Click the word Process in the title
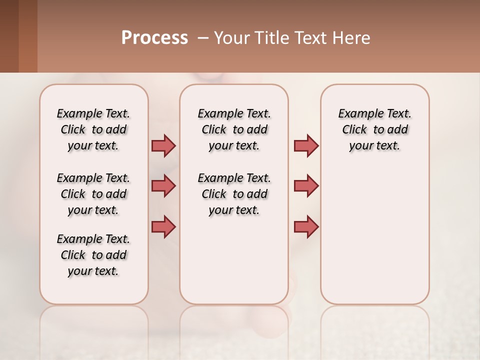(x=154, y=38)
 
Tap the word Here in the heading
(x=352, y=38)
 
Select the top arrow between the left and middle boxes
(x=163, y=145)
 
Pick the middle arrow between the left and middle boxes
(x=163, y=186)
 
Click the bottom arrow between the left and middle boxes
(x=163, y=226)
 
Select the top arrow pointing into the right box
(x=306, y=145)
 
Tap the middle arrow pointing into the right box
(x=306, y=186)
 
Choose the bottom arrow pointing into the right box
(x=306, y=226)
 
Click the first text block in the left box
(x=93, y=129)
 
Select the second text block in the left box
(x=93, y=194)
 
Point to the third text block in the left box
(x=93, y=255)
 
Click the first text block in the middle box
(x=234, y=129)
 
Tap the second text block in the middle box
(x=234, y=194)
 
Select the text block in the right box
(x=374, y=129)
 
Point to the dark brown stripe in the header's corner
(x=9, y=36)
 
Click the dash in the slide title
(x=203, y=38)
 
